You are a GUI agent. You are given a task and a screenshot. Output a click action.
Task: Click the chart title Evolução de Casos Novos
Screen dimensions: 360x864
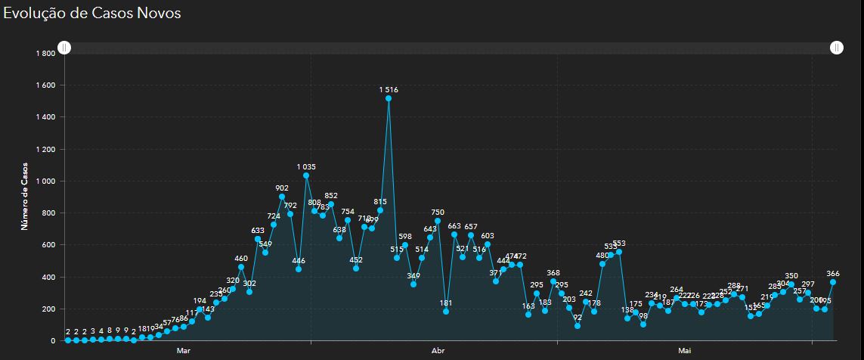click(x=91, y=13)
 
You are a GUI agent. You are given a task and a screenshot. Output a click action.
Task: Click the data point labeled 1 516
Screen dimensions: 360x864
click(x=389, y=98)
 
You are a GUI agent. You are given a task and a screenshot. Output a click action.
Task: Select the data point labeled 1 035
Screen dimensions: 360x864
click(x=306, y=175)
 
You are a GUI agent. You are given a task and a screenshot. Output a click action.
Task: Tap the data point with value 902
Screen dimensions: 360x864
click(x=282, y=197)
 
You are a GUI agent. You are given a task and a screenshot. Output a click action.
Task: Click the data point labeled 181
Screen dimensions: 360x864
click(x=446, y=312)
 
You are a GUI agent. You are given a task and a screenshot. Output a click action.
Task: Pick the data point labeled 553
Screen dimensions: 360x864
click(x=619, y=252)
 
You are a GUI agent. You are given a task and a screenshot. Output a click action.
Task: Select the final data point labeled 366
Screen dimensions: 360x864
click(x=833, y=282)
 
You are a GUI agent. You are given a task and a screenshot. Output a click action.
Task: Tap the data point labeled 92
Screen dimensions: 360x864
click(x=578, y=326)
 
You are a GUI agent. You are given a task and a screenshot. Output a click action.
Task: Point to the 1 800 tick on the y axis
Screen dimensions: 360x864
click(x=45, y=54)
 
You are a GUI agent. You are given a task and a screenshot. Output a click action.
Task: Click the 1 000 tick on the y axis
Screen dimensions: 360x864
click(x=45, y=182)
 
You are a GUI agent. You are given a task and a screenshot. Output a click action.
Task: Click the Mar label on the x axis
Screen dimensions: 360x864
click(x=184, y=351)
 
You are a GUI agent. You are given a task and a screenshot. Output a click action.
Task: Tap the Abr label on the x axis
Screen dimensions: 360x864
click(x=438, y=351)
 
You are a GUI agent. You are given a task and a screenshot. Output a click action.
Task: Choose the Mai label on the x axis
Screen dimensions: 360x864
click(x=685, y=351)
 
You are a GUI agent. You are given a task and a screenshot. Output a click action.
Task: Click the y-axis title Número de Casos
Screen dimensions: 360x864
click(x=25, y=195)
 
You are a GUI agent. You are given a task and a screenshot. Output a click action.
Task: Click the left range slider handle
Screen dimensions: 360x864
click(x=65, y=48)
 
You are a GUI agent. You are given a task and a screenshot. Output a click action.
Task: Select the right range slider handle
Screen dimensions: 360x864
click(x=836, y=48)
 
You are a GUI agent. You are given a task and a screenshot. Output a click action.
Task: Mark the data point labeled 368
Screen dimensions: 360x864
click(x=553, y=282)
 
